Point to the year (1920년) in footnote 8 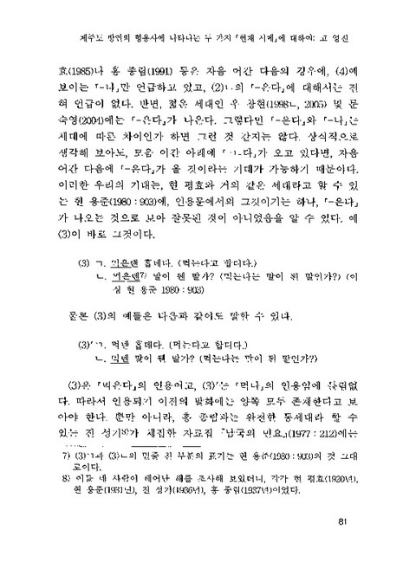coord(358,502)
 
